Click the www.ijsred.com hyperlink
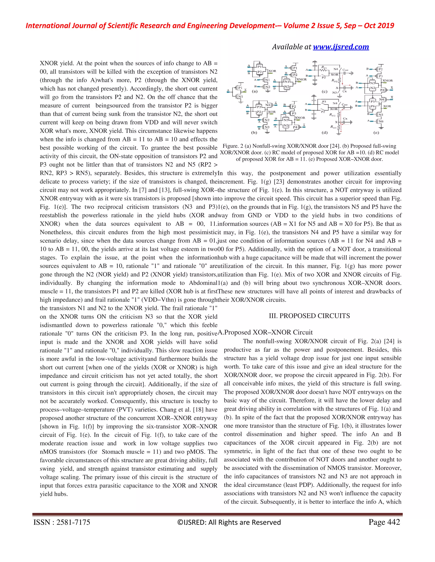coord(341,47)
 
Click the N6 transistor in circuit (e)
coord(381,121)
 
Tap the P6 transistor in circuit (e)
coord(373,106)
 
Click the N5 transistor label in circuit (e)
coord(381,115)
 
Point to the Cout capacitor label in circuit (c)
coord(345,70)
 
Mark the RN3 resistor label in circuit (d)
coord(333,127)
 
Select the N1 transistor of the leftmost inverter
coord(240,96)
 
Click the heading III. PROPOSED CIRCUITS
coord(309,316)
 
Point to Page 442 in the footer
coord(384,522)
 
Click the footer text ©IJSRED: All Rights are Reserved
coord(229,522)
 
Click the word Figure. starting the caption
coord(231,146)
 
